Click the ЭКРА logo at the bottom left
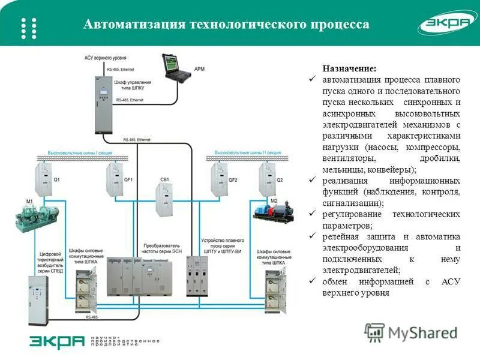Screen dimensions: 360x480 coord(57,341)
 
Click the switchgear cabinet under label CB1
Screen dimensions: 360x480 coord(164,202)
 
